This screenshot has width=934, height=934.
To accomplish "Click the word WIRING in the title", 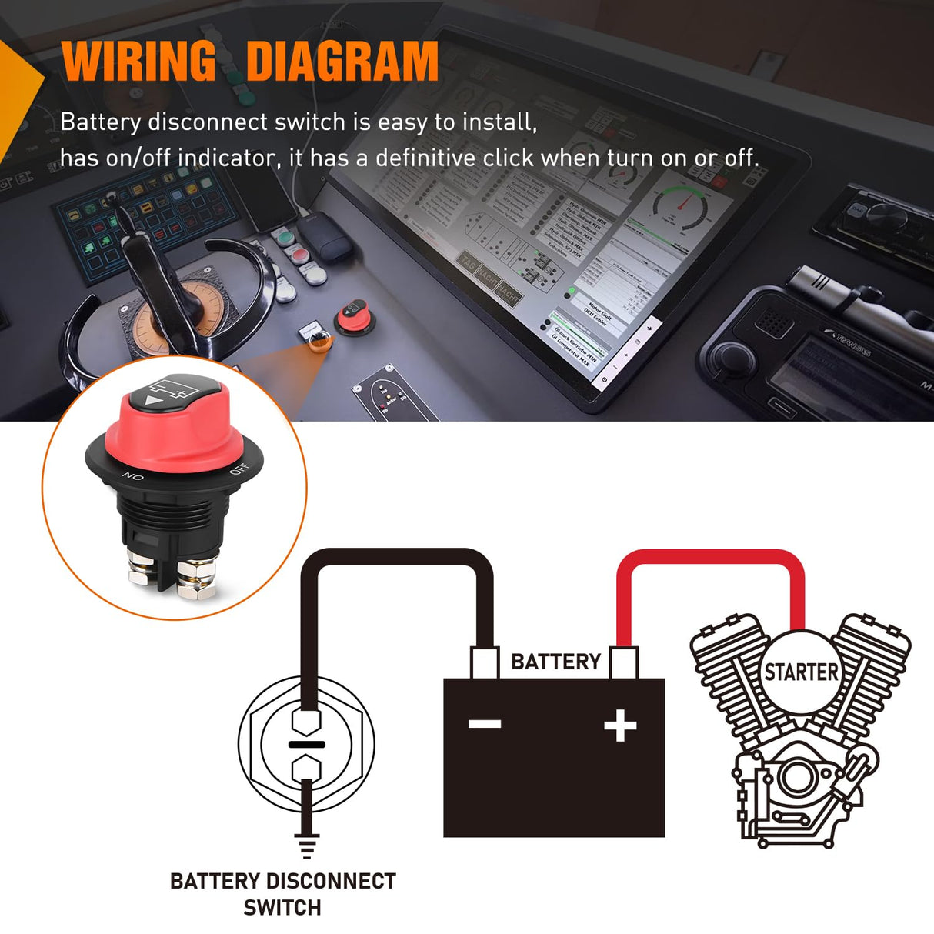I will pyautogui.click(x=139, y=61).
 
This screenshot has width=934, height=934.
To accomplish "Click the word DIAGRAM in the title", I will pyautogui.click(x=342, y=61).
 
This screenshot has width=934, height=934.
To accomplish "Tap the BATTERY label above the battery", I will pyautogui.click(x=555, y=662).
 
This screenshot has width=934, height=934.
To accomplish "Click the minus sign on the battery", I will pyautogui.click(x=485, y=724).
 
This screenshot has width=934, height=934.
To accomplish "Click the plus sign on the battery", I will pyautogui.click(x=620, y=726).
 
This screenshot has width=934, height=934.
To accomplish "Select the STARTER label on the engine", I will pyautogui.click(x=800, y=672).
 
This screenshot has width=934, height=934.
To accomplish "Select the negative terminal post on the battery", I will pyautogui.click(x=485, y=662).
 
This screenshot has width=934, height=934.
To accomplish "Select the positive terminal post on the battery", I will pyautogui.click(x=623, y=662).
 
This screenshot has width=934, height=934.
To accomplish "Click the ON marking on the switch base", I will pyautogui.click(x=133, y=477).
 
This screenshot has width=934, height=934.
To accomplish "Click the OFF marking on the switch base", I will pyautogui.click(x=239, y=468).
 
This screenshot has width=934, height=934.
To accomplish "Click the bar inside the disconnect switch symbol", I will pyautogui.click(x=306, y=744).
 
